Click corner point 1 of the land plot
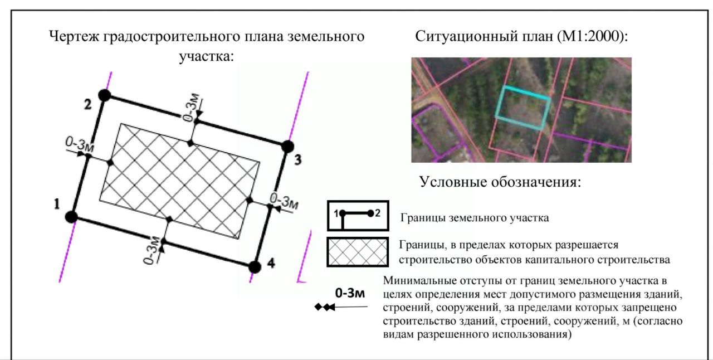coord(71,217)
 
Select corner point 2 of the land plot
coord(104,95)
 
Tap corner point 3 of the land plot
coord(287,147)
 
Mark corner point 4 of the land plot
coord(255,266)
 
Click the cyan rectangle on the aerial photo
coord(523,108)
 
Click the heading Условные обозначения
coord(500,182)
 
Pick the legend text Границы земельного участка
coord(475,218)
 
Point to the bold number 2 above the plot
coord(87,105)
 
